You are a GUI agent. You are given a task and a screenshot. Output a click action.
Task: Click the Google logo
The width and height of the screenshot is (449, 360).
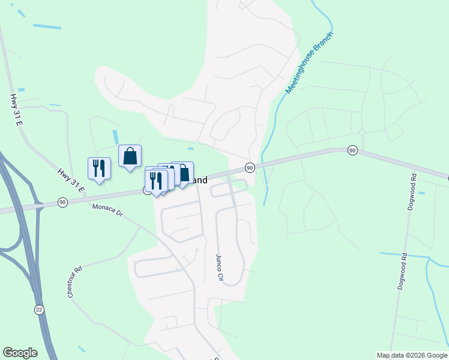(x=20, y=353)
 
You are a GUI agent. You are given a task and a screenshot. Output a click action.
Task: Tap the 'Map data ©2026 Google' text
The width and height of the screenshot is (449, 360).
(x=412, y=355)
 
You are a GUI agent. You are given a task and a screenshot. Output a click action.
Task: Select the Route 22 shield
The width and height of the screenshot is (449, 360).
(x=39, y=308)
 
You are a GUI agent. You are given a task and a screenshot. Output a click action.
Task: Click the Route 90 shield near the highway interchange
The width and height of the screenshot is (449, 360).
(x=62, y=202)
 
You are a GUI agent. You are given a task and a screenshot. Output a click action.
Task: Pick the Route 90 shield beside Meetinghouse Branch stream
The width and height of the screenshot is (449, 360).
(x=250, y=167)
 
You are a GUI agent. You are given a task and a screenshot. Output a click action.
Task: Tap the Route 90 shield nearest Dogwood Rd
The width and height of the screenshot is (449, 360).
(x=352, y=150)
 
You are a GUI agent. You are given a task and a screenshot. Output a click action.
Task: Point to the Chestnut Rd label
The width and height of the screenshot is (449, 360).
(x=74, y=283)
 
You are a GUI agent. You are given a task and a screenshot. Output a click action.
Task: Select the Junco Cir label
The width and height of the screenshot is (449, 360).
(x=219, y=268)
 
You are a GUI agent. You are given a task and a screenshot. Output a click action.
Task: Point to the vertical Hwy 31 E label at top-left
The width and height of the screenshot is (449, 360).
(x=16, y=110)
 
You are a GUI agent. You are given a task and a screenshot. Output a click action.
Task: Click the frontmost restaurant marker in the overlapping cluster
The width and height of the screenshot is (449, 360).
(x=155, y=181)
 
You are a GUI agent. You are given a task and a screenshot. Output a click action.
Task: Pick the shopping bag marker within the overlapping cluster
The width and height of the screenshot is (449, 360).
(x=182, y=173)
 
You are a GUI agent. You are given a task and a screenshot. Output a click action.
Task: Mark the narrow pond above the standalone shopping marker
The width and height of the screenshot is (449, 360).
(x=115, y=137)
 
